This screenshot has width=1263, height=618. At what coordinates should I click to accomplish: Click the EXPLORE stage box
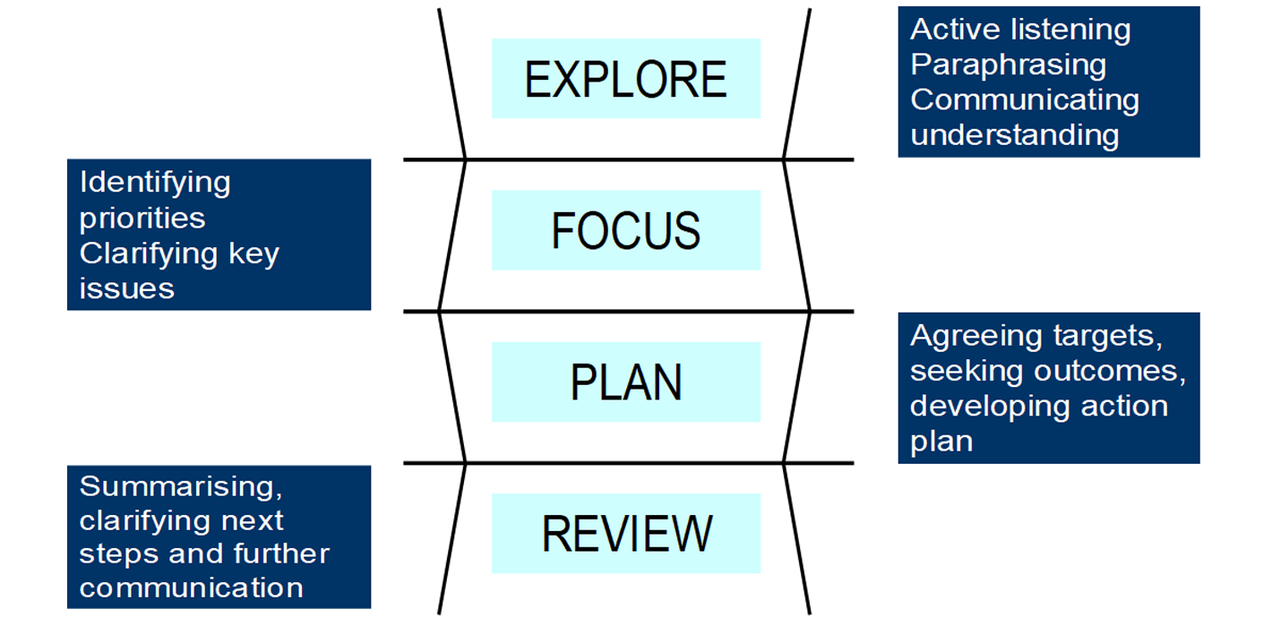(x=625, y=79)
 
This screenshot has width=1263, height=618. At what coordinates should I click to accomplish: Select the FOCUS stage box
(x=625, y=230)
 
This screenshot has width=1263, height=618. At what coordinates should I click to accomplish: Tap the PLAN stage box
(x=625, y=382)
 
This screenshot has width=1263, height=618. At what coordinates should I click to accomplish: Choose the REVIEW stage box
(x=625, y=533)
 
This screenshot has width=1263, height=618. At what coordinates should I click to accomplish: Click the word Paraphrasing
(x=1008, y=65)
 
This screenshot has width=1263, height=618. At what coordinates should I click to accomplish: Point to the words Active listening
(x=1020, y=30)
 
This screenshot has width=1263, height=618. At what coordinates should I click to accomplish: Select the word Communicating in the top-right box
(x=1024, y=99)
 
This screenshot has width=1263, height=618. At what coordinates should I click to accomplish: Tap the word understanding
(x=1014, y=134)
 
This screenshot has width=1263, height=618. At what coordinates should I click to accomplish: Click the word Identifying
(x=155, y=183)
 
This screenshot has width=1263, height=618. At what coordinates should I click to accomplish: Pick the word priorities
(x=142, y=218)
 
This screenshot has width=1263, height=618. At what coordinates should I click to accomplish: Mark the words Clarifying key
(x=179, y=253)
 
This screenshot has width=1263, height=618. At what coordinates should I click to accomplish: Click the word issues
(x=126, y=288)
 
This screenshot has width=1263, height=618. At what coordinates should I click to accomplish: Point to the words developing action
(x=1038, y=406)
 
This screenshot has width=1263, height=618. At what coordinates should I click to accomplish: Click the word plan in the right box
(x=941, y=442)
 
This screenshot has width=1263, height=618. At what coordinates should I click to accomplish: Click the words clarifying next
(x=181, y=520)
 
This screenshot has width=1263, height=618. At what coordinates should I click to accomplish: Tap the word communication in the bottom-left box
(x=191, y=588)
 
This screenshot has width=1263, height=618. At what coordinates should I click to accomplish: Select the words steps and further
(x=204, y=554)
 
